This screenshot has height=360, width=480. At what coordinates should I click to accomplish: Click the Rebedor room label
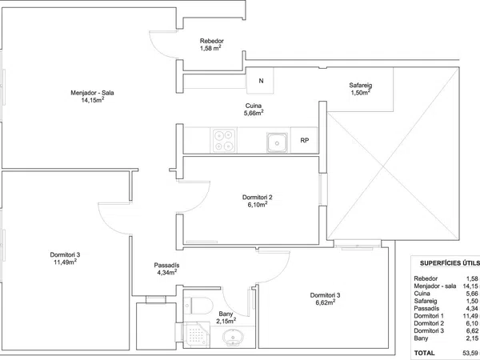[x=212, y=41]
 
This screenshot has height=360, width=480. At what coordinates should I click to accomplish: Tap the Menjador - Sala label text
[x=92, y=93]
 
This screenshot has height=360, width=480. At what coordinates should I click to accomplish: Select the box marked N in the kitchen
[x=261, y=81]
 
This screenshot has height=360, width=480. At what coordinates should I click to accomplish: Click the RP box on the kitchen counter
[x=304, y=140]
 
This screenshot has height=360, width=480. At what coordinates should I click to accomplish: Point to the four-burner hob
[x=223, y=141]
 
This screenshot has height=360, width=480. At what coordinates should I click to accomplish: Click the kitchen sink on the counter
[x=277, y=142]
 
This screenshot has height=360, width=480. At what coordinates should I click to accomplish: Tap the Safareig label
[x=361, y=85]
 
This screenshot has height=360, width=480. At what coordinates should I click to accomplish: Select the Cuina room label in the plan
[x=254, y=106]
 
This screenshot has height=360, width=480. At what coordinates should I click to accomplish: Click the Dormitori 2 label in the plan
[x=257, y=198]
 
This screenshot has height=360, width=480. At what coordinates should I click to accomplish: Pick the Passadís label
[x=166, y=266]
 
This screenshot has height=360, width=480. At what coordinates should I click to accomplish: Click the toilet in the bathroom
[x=198, y=306]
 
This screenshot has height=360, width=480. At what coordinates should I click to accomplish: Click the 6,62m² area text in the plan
[x=325, y=302]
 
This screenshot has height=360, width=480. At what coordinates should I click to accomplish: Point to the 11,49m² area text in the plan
[x=65, y=262]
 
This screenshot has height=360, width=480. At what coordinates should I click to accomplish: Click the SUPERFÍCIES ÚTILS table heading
[x=450, y=263]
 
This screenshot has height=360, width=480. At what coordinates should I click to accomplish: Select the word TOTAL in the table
[x=424, y=353]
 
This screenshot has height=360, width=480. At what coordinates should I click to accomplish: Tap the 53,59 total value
[x=470, y=353]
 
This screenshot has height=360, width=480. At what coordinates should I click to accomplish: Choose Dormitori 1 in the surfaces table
[x=429, y=316]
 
